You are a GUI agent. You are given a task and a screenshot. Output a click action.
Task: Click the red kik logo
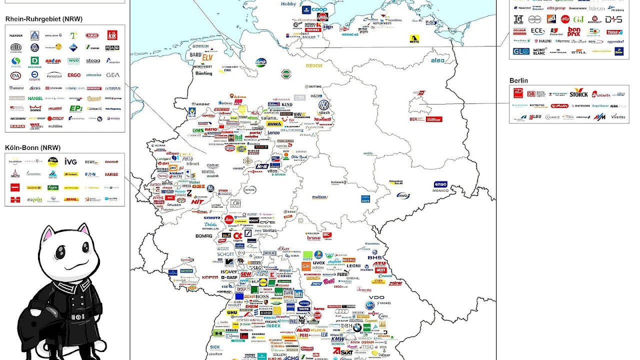pyautogui.click(x=112, y=35)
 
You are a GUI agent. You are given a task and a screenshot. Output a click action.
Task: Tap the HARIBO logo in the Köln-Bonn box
pyautogui.click(x=111, y=175)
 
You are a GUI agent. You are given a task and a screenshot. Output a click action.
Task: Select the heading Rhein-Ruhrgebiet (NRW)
pyautogui.click(x=44, y=19)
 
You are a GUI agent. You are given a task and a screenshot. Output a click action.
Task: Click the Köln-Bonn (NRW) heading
pyautogui.click(x=33, y=147)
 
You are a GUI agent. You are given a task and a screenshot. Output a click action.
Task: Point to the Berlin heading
pyautogui.click(x=518, y=80)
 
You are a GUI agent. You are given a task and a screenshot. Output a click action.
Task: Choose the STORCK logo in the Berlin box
pyautogui.click(x=578, y=93)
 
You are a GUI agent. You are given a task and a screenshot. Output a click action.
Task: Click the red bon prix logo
pyautogui.click(x=574, y=31)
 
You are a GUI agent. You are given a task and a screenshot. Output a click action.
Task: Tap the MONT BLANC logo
pyautogui.click(x=539, y=51)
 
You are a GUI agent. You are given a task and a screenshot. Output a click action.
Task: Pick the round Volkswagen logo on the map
pyautogui.click(x=324, y=105)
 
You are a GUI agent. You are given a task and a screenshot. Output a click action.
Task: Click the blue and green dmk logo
pyautogui.click(x=260, y=62)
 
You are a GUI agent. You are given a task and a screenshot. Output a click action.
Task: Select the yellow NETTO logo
pyautogui.click(x=414, y=38)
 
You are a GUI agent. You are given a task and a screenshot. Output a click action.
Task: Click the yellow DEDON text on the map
pyautogui.click(x=314, y=65)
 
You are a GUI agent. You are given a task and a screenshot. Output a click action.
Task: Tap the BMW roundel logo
pyautogui.click(x=357, y=328)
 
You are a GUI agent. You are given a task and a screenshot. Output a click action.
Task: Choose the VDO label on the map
pyautogui.click(x=376, y=297)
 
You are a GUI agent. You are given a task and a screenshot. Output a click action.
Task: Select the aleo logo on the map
pyautogui.click(x=437, y=60)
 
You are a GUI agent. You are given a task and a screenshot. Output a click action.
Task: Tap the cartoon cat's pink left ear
pyautogui.click(x=48, y=233)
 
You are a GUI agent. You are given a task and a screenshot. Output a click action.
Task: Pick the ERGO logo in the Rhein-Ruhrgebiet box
pyautogui.click(x=74, y=75)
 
